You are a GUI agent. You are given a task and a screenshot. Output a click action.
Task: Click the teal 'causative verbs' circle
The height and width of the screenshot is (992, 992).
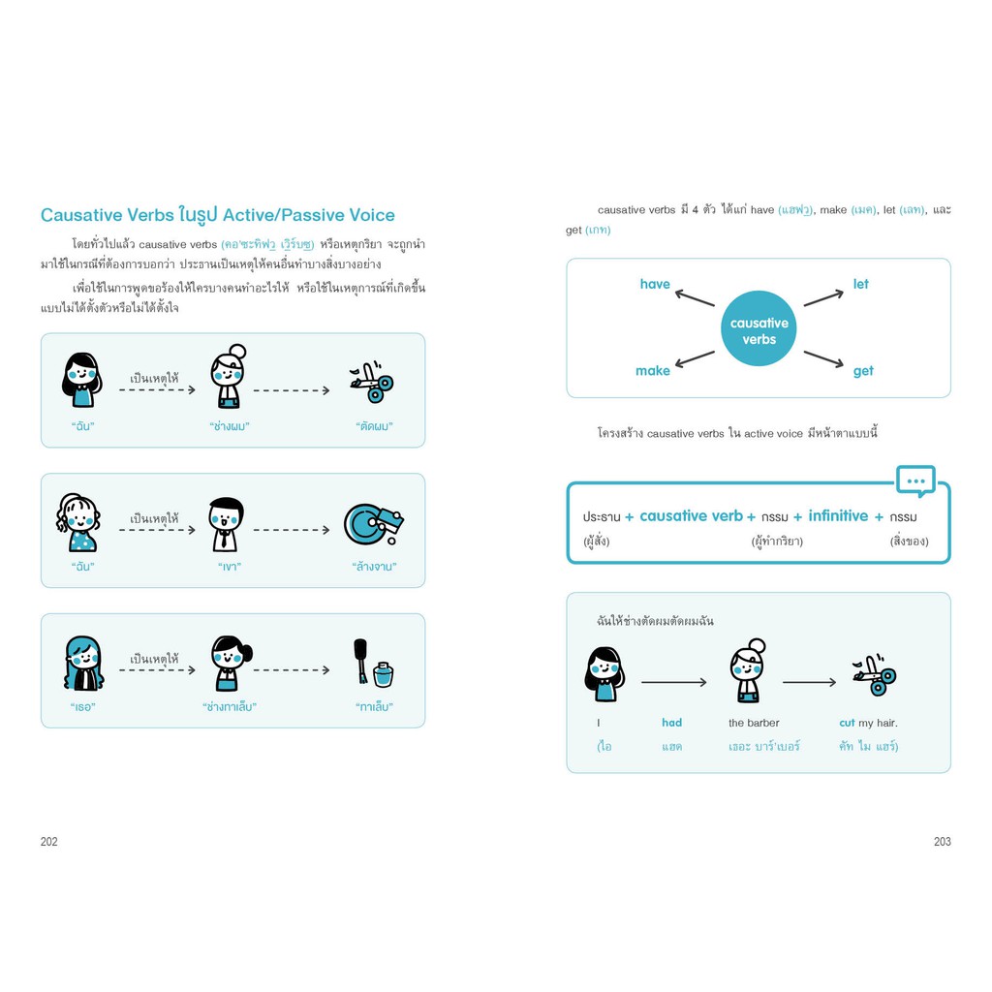759,328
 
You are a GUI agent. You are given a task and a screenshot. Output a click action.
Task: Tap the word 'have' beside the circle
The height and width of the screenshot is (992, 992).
655,284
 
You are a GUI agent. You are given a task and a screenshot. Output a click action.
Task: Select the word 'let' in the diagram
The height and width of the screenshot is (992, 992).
860,284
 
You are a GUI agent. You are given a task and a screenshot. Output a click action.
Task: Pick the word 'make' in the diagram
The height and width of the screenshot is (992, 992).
653,371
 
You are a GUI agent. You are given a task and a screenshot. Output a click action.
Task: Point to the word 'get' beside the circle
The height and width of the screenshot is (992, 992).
863,371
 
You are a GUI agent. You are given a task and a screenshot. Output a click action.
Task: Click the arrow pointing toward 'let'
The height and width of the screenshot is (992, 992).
823,298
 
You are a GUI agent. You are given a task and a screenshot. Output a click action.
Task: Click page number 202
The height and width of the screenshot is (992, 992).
48,842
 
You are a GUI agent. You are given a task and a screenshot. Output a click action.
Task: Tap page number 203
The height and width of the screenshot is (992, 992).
942,842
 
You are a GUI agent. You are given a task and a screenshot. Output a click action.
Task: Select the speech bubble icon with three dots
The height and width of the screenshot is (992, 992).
915,481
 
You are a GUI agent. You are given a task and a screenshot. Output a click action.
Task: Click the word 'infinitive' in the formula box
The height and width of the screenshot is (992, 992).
838,516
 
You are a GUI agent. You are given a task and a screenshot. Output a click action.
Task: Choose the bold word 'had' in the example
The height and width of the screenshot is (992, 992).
672,723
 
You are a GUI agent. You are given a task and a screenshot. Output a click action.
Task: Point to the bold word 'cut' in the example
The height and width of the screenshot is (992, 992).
847,723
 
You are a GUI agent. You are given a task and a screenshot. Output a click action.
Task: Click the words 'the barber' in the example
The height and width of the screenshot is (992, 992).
754,723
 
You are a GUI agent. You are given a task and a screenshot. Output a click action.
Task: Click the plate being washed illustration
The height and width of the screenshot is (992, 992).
373,524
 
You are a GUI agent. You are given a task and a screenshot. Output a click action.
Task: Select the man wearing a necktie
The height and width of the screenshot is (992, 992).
226,524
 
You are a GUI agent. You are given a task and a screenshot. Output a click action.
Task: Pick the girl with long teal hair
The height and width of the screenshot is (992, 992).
83,663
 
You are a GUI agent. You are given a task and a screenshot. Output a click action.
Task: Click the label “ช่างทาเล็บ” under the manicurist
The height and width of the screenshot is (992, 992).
230,706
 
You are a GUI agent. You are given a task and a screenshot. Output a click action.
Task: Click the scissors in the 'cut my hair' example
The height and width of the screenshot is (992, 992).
875,675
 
